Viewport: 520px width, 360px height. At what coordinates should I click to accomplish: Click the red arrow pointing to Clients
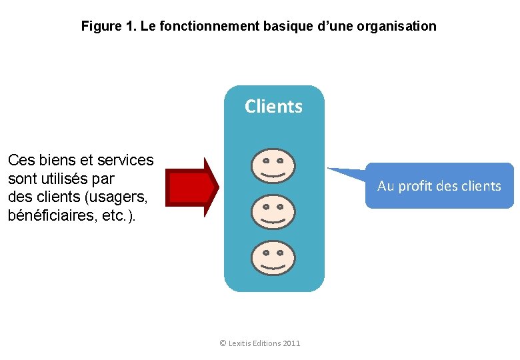tap(192, 187)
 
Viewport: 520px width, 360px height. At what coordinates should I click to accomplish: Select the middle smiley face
tap(273, 211)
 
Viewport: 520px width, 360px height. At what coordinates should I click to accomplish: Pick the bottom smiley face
tap(273, 257)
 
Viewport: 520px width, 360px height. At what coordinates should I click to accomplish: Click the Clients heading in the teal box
tap(273, 107)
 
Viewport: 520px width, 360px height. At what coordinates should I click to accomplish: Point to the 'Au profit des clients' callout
tap(439, 186)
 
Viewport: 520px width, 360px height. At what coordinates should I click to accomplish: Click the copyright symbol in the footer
tap(223, 343)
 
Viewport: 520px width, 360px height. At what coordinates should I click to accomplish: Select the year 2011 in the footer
tap(291, 343)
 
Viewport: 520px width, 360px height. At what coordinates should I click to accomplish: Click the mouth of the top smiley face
tap(273, 174)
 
